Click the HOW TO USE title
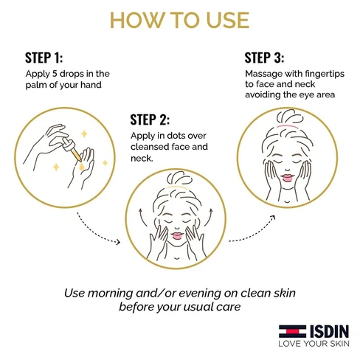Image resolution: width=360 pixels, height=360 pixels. [180, 20]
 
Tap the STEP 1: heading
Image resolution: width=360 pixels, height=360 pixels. [44, 58]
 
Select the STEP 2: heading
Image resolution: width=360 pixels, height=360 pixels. [150, 120]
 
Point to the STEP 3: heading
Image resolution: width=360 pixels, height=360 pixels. [264, 58]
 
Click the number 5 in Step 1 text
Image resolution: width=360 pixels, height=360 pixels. [55, 74]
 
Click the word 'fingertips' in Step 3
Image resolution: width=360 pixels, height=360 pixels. [325, 74]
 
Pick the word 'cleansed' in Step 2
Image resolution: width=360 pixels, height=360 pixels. [148, 147]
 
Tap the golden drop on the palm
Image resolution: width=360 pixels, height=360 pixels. [82, 167]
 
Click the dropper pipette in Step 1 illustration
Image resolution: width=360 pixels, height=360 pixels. [72, 150]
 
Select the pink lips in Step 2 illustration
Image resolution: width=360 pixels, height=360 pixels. [177, 236]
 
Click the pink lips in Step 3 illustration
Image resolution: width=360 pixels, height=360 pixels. [287, 178]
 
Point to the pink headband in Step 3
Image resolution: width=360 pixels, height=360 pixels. [288, 127]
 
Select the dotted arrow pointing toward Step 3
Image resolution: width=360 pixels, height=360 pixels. [253, 231]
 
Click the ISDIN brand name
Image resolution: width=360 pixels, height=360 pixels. [329, 331]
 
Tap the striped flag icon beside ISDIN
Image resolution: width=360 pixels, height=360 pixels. [292, 331]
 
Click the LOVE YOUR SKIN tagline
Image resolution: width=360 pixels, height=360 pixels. [314, 344]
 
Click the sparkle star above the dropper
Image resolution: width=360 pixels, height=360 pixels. [84, 134]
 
